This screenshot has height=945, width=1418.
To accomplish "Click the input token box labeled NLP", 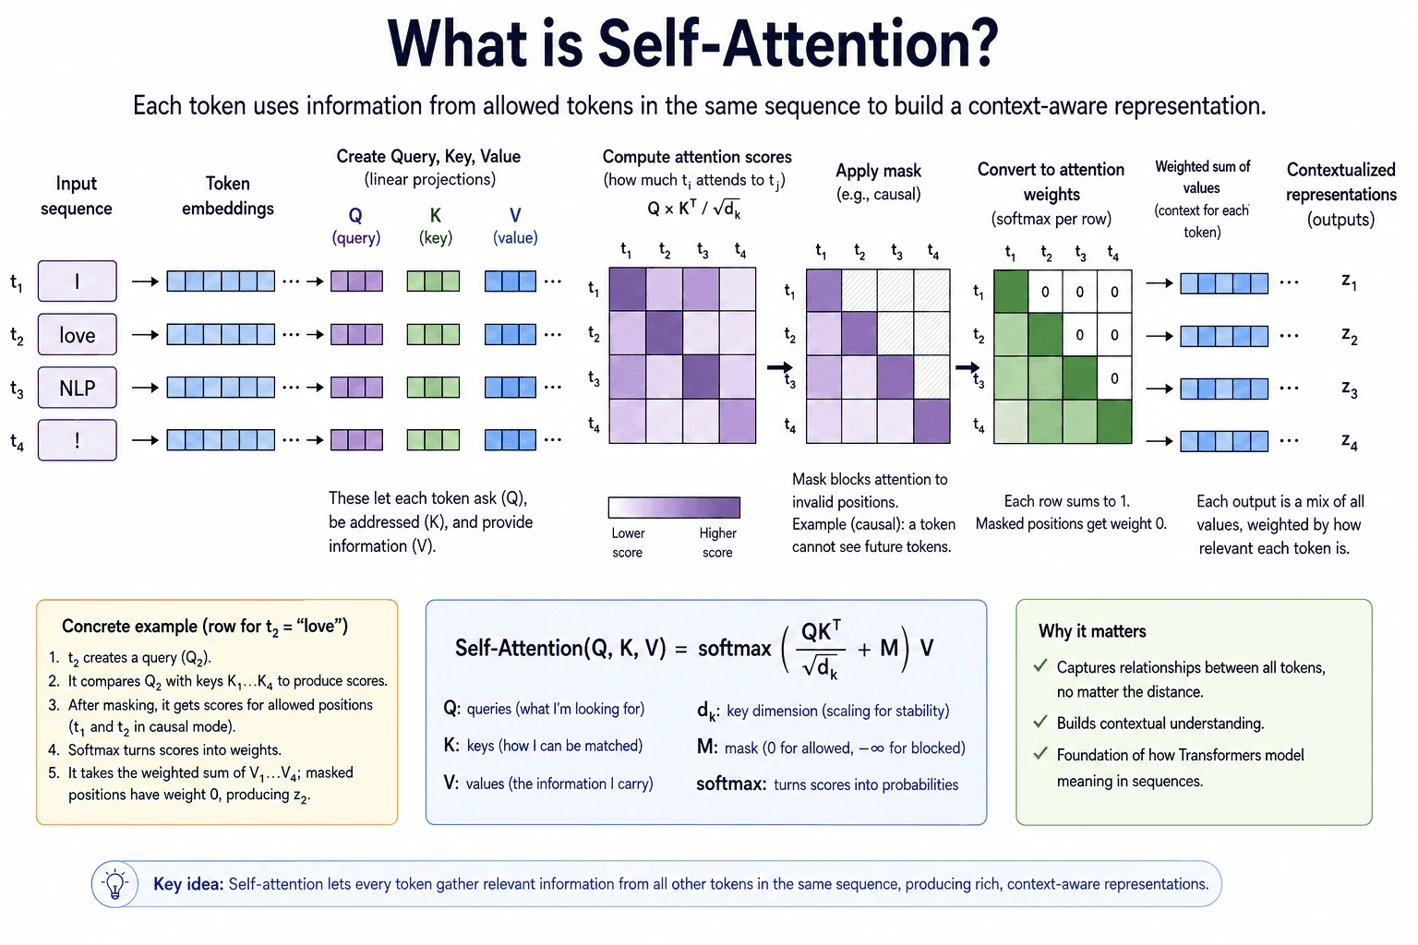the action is pyautogui.click(x=78, y=388).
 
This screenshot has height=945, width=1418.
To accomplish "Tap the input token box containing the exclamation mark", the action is pyautogui.click(x=78, y=440).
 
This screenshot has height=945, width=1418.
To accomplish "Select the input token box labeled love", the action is pyautogui.click(x=78, y=334).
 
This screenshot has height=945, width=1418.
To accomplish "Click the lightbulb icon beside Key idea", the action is pyautogui.click(x=114, y=883).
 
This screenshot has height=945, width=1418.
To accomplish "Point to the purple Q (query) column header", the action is pyautogui.click(x=355, y=226).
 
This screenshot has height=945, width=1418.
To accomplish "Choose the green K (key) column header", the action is pyautogui.click(x=436, y=226).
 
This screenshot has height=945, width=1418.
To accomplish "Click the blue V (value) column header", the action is pyautogui.click(x=515, y=226).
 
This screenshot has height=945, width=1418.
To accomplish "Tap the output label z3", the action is pyautogui.click(x=1349, y=389).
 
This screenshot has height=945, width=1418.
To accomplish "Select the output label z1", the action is pyautogui.click(x=1349, y=282).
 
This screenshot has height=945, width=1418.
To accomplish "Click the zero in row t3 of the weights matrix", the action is pyautogui.click(x=1114, y=378).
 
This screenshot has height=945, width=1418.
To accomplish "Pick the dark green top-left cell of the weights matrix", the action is pyautogui.click(x=1011, y=291).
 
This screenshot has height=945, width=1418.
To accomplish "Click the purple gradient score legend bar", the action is pyautogui.click(x=674, y=507).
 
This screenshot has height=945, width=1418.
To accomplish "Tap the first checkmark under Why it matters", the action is pyautogui.click(x=1039, y=665).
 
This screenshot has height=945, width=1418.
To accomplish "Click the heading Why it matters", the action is pyautogui.click(x=1092, y=631).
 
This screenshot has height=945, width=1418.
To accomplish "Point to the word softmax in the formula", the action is pyautogui.click(x=734, y=648).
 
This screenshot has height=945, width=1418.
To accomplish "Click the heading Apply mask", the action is pyautogui.click(x=878, y=171).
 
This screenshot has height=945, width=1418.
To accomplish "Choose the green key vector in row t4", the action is pyautogui.click(x=433, y=440).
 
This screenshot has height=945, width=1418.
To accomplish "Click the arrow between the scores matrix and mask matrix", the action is pyautogui.click(x=780, y=367).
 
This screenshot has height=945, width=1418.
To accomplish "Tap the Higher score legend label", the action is pyautogui.click(x=717, y=543).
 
